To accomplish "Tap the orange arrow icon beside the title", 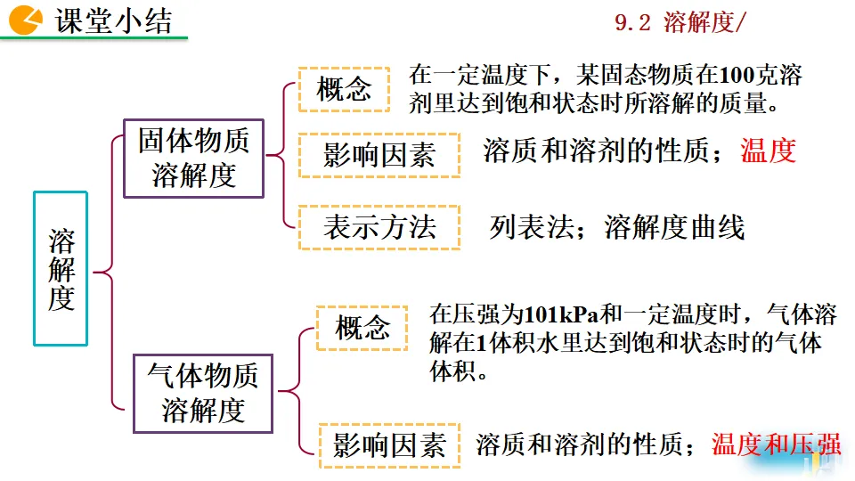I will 26,19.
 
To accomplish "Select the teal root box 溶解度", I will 61,268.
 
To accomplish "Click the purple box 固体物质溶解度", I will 193,158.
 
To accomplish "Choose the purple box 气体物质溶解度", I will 203,393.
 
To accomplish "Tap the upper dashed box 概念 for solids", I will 344,89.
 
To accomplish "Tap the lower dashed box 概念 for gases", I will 362,328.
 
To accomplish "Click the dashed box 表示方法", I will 379,227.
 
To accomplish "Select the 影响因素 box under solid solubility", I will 379,155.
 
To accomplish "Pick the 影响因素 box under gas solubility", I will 389,444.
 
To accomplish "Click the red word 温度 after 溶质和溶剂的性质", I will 768,151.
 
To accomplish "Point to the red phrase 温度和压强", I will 775,444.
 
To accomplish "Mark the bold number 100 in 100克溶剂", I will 735,76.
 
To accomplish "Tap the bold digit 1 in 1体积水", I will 479,343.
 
